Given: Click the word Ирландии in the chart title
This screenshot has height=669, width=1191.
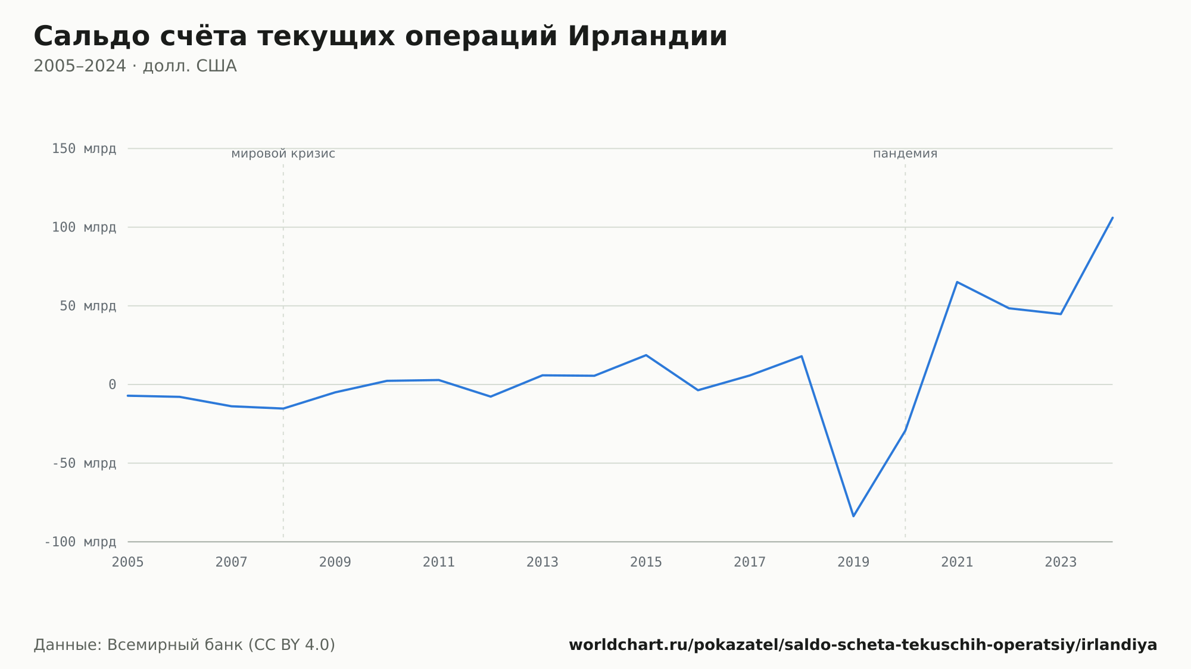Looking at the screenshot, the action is coord(647,36).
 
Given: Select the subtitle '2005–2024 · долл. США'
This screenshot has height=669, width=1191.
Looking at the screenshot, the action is coord(135,66).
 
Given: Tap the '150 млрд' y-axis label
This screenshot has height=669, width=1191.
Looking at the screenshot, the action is coord(84,149).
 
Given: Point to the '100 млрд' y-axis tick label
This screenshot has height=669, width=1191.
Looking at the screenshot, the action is coord(84,227).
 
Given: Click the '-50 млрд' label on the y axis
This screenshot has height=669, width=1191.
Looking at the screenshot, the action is coord(84,463).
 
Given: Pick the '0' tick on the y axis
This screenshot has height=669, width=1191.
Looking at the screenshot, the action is coord(113,384).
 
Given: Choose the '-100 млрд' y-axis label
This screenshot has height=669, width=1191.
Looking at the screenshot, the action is coord(80,542).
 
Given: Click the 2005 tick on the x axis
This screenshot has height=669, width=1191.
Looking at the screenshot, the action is coord(128,562).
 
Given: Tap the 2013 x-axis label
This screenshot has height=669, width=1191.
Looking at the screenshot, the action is coord(543,562).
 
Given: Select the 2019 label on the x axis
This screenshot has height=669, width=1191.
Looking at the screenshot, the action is coord(853,562).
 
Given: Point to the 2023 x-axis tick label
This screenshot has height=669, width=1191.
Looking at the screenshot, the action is coord(1061,562).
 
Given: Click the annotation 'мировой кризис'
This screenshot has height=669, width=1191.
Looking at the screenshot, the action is coord(283,154).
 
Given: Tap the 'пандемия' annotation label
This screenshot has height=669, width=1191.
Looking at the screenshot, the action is coord(905,154).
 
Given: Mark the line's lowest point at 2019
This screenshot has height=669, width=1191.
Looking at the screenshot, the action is coord(853,516).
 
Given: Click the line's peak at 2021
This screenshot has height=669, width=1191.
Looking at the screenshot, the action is coord(957,282).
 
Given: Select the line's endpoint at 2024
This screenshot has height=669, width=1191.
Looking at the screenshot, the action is coord(1112,218).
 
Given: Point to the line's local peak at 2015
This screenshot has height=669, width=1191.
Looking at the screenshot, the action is coord(646,355).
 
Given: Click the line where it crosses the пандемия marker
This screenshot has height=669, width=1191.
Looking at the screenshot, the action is coord(905,431).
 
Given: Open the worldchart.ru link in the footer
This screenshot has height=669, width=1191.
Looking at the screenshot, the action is coord(863,645).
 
